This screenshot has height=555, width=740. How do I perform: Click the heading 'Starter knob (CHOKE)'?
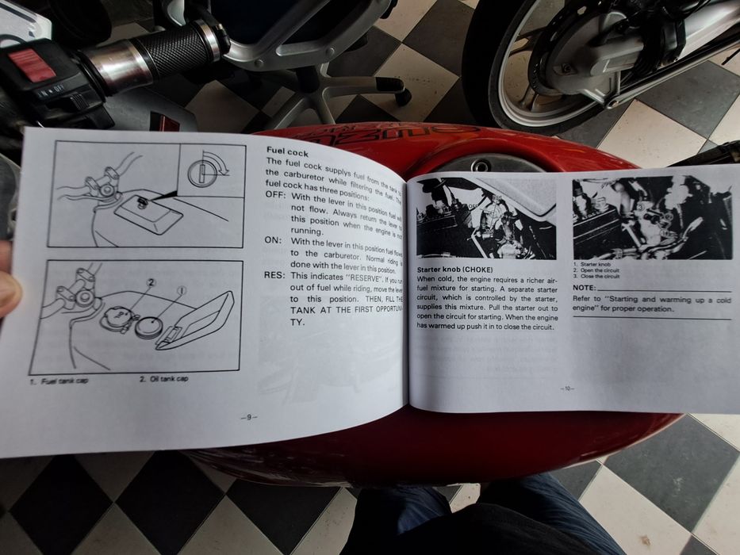[454, 270]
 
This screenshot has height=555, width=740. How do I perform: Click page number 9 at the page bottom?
[248, 417]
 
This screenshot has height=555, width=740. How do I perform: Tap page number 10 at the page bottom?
[566, 388]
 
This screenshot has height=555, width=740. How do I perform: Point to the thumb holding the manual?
[8, 281]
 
